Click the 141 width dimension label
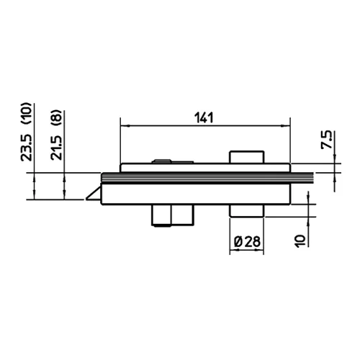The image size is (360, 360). tap(204, 118)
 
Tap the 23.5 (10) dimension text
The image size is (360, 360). tap(26, 132)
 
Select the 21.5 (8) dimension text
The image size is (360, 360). tap(56, 135)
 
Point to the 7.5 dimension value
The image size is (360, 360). tap(327, 140)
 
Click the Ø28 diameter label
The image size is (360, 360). tap(247, 241)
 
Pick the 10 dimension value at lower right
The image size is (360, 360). tap(300, 241)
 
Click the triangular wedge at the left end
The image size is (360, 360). tap(94, 194)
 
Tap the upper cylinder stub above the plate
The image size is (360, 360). tap(247, 157)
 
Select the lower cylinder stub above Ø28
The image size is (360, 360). tap(247, 211)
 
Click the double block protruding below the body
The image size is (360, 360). tap(173, 215)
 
